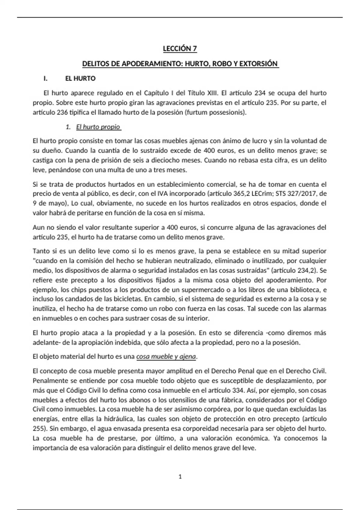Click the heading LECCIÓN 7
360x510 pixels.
click(x=180, y=49)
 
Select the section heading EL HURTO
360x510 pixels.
click(x=80, y=79)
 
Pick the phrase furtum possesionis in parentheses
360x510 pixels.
click(x=215, y=112)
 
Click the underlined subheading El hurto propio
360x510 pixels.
click(x=98, y=127)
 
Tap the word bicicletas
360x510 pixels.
click(x=127, y=299)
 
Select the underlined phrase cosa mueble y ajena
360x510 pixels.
click(x=166, y=357)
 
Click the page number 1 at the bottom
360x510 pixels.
click(x=180, y=477)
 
